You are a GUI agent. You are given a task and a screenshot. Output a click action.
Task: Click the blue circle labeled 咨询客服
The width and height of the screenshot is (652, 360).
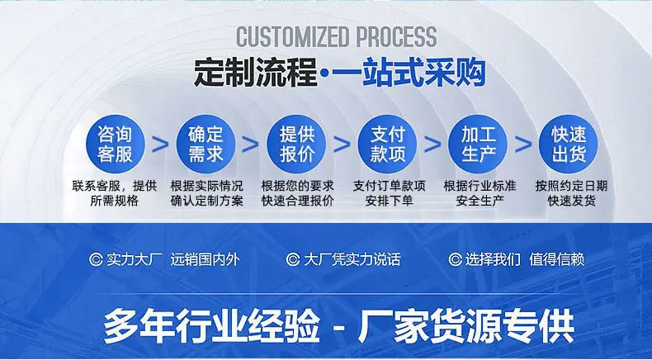pyautogui.click(x=116, y=144)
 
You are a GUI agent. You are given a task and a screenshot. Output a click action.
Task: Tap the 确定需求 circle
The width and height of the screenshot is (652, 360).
pyautogui.click(x=206, y=144)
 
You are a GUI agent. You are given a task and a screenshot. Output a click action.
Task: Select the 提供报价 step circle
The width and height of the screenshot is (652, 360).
pyautogui.click(x=296, y=144)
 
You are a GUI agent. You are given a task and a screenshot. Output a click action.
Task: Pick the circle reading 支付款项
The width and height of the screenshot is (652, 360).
pyautogui.click(x=387, y=144)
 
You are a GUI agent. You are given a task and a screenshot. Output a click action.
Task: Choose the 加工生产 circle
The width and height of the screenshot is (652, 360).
pyautogui.click(x=478, y=144)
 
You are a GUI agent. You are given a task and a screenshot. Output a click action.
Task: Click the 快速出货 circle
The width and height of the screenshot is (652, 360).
pyautogui.click(x=569, y=144)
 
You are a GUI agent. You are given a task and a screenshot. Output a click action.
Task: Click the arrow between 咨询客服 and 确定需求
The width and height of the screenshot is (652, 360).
pyautogui.click(x=160, y=144)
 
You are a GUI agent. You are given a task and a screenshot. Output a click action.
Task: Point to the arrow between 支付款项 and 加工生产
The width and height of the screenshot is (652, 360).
pyautogui.click(x=432, y=144)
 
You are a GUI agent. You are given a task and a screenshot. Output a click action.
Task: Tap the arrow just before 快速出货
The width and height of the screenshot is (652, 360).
pyautogui.click(x=523, y=144)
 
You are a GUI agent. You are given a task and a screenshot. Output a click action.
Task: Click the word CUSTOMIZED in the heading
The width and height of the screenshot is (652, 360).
pyautogui.click(x=292, y=36)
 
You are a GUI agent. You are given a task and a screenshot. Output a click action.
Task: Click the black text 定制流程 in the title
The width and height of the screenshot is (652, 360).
pyautogui.click(x=256, y=73)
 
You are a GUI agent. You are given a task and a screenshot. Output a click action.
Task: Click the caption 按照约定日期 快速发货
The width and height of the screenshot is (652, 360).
pyautogui.click(x=571, y=193)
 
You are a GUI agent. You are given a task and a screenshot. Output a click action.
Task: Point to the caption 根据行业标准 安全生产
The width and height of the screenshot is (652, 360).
pyautogui.click(x=480, y=193)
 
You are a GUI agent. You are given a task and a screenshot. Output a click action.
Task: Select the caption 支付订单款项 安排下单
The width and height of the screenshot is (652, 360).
pyautogui.click(x=390, y=193)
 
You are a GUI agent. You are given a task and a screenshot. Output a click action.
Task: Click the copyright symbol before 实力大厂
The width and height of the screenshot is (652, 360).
pyautogui.click(x=96, y=260)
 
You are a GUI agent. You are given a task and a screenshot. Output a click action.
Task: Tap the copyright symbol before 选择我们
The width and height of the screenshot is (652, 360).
pyautogui.click(x=456, y=260)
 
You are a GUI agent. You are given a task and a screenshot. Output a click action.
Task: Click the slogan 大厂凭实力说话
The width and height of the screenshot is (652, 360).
pyautogui.click(x=352, y=260)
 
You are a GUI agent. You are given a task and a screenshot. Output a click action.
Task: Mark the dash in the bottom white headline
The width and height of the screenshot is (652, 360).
pyautogui.click(x=339, y=326)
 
